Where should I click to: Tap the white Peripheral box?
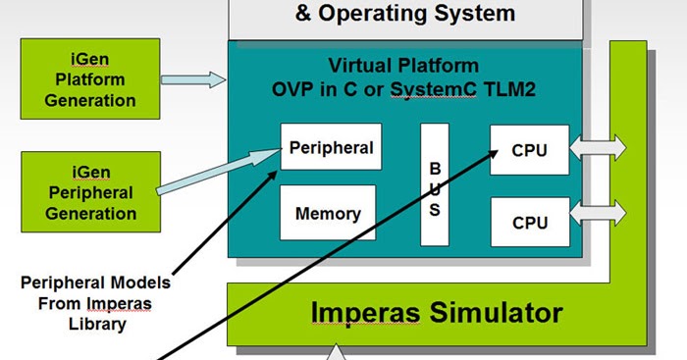pyautogui.click(x=331, y=148)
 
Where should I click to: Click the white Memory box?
pyautogui.click(x=328, y=212)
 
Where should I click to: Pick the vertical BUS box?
pyautogui.click(x=435, y=183)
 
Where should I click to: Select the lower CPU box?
pyautogui.click(x=530, y=223)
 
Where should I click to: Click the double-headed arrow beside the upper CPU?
pyautogui.click(x=600, y=150)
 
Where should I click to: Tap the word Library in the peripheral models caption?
pyautogui.click(x=96, y=322)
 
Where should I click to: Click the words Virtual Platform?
pyautogui.click(x=403, y=67)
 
